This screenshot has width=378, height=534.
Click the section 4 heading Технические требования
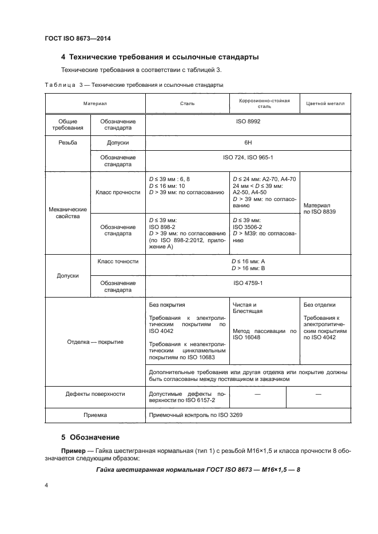160,57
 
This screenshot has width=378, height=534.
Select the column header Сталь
187,103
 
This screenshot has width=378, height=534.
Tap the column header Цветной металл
325,103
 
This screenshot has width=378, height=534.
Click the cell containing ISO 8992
248,122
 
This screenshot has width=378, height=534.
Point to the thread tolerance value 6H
248,143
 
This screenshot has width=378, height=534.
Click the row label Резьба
67,143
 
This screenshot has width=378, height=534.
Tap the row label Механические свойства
67,213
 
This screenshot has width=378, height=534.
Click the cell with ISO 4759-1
248,283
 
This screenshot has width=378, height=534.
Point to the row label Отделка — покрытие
95,342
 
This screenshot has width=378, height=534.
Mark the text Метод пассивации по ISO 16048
264,334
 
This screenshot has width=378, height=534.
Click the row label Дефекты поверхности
95,394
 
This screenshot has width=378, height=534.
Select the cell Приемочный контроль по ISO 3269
196,415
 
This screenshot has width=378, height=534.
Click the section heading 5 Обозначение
90,437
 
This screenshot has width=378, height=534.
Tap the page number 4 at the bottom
46,485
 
